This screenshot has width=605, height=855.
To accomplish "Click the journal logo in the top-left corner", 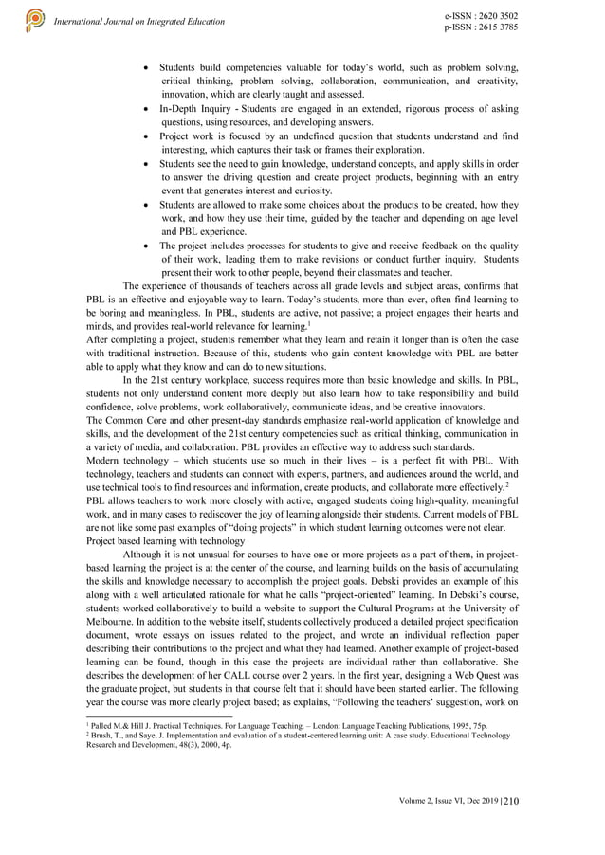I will coord(35,19).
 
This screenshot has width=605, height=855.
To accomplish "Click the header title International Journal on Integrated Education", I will coord(140,21).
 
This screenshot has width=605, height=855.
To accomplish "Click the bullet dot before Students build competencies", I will coord(145,69).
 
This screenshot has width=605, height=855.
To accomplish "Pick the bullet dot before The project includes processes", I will coord(145,244).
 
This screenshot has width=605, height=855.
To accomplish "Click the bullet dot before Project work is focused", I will coord(145,136).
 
